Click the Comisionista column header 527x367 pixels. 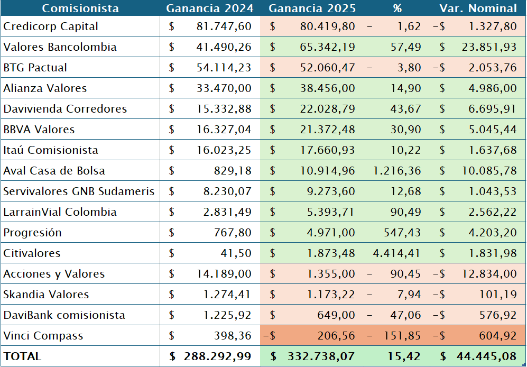tap(80, 8)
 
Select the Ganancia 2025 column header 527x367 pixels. tap(312, 8)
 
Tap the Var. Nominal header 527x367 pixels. tap(478, 8)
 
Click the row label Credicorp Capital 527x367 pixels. tap(51, 26)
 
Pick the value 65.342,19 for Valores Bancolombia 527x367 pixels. tap(327, 47)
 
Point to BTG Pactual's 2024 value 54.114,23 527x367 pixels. tap(224, 68)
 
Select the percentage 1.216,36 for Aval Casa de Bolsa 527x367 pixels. tap(397, 171)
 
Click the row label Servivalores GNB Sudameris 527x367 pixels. tap(79, 191)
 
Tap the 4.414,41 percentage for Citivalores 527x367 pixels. tap(397, 253)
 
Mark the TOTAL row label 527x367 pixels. tap(22, 356)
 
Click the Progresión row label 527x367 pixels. tap(32, 233)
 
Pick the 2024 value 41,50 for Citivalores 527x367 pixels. tap(236, 253)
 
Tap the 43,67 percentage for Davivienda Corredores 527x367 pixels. tap(406, 109)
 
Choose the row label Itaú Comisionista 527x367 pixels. tap(51, 150)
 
